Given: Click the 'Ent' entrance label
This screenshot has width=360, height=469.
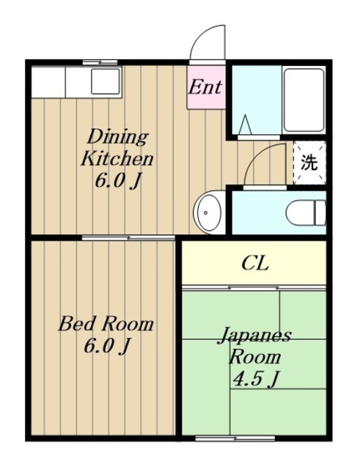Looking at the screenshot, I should (x=205, y=87).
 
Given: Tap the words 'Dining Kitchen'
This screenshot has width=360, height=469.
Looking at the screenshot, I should (x=117, y=147).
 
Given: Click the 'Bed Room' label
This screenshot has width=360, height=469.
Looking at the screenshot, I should (x=106, y=323).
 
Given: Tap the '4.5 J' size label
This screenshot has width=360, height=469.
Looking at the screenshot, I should (x=256, y=379).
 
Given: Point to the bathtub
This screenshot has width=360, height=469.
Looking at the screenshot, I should (x=304, y=100).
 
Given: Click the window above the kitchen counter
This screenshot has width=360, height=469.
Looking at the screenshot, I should (x=100, y=62).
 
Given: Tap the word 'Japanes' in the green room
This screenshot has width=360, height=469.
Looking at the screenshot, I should (x=254, y=336).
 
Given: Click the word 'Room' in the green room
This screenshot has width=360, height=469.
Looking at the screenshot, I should (x=255, y=358).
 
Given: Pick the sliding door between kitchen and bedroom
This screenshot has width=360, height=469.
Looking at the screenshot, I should (x=128, y=237).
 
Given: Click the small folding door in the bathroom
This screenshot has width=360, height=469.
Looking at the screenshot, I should (x=245, y=126).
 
